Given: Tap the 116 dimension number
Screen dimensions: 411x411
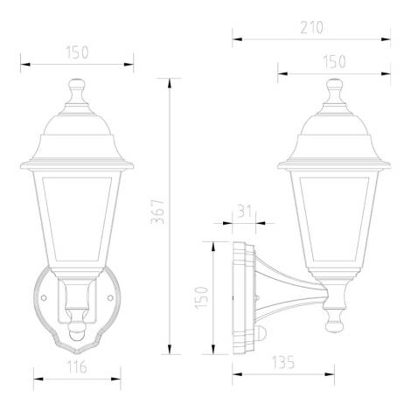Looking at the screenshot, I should point(77,367).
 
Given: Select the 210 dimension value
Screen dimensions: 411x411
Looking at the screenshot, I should point(310,27).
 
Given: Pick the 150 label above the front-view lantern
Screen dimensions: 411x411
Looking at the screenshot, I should point(77,52).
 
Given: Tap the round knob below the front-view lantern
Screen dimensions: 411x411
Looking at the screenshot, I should point(77,333).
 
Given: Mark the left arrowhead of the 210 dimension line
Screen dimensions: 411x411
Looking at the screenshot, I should point(234,38).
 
